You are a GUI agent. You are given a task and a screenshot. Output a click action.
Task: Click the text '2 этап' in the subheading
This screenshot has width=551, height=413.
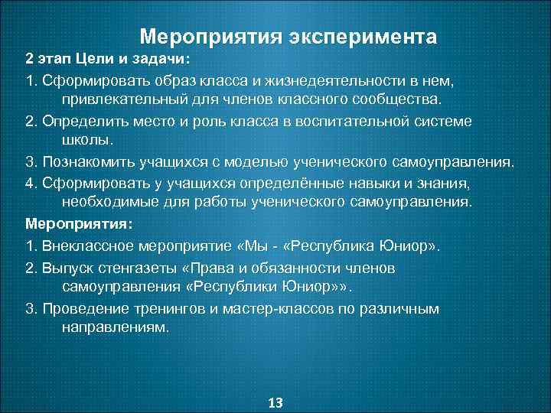[50, 59]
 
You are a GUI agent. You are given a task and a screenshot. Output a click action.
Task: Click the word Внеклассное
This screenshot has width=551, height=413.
[82, 246]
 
